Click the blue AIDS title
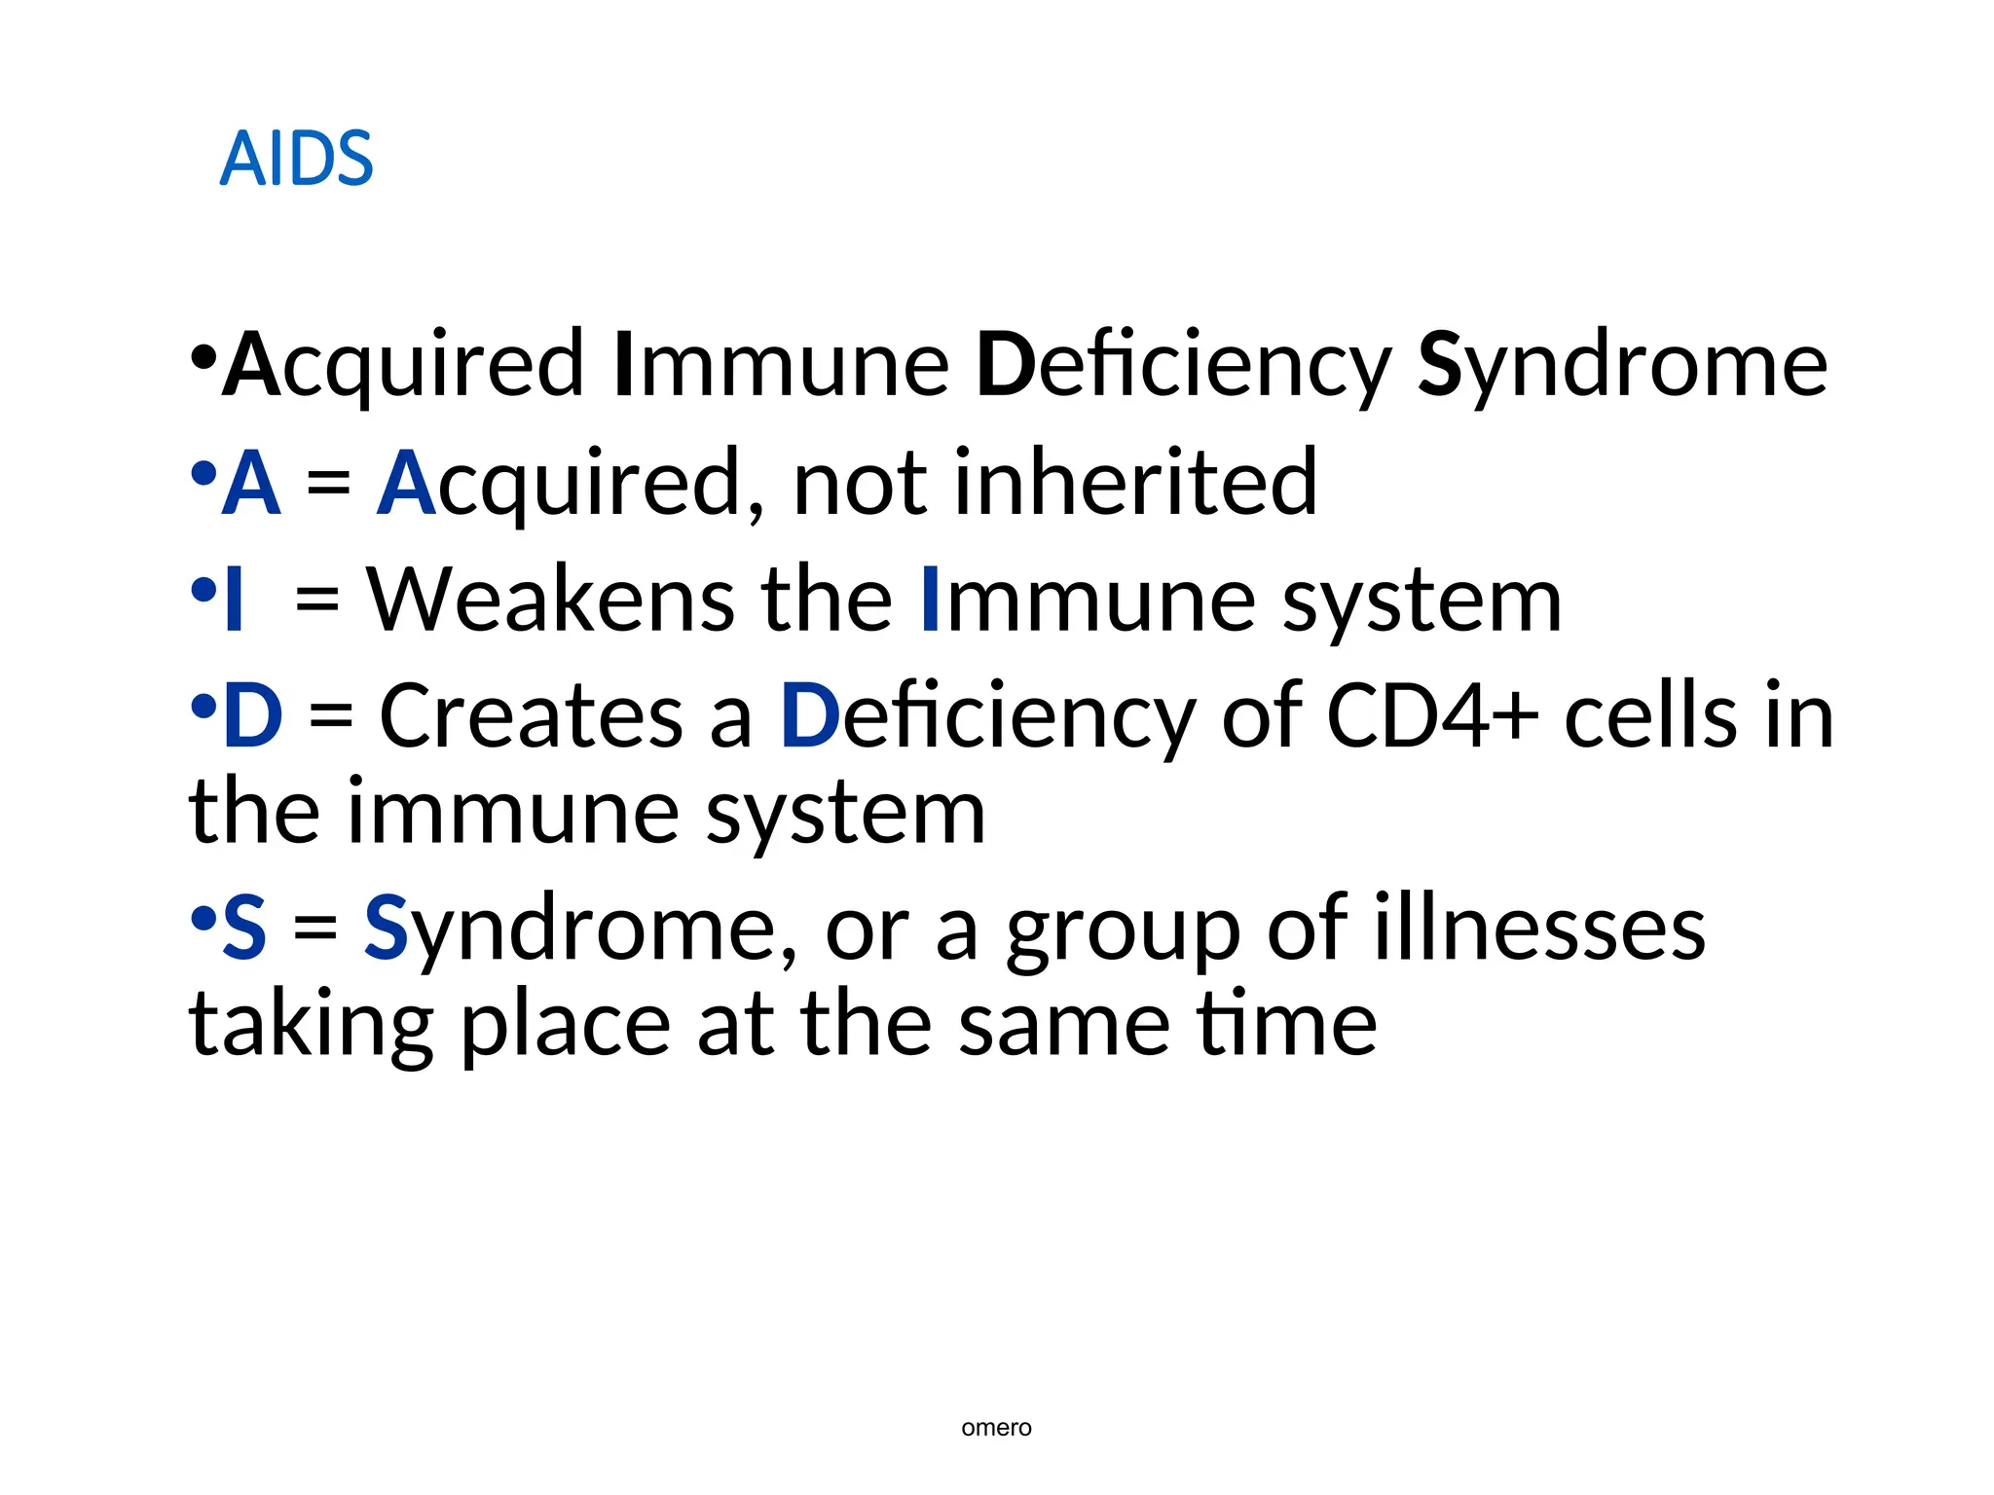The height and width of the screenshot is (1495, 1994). (x=296, y=159)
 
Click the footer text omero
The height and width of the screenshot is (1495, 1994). (x=995, y=1428)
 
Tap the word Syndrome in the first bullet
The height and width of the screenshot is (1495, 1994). (x=1621, y=365)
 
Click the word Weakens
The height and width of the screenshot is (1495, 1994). (x=550, y=601)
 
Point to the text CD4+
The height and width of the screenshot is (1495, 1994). (x=1431, y=716)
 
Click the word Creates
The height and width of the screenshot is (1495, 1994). (x=531, y=716)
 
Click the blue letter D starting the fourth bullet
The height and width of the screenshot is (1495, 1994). (x=252, y=716)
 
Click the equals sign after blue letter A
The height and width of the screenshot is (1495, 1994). (x=328, y=484)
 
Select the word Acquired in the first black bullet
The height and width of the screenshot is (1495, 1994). (x=403, y=365)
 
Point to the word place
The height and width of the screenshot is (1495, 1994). (x=565, y=1027)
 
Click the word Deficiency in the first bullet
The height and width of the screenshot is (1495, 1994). (x=1183, y=365)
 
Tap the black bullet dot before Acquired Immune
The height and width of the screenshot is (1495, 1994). (x=203, y=358)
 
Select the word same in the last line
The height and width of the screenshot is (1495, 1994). (x=1063, y=1027)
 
